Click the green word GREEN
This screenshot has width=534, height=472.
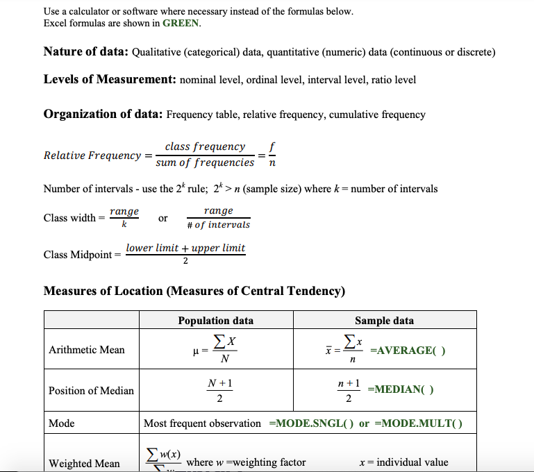tap(181, 23)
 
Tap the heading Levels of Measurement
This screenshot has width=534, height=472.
tap(110, 79)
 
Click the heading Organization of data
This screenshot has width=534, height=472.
tap(103, 114)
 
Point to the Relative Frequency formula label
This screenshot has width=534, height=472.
tap(92, 155)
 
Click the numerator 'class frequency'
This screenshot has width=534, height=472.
tap(205, 146)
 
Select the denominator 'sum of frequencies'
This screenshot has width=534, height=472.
tap(205, 162)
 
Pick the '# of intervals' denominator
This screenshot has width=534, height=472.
tap(219, 225)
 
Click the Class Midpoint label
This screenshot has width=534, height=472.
tap(81, 255)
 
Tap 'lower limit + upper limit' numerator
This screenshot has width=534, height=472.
tap(185, 248)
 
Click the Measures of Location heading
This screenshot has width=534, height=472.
tap(194, 290)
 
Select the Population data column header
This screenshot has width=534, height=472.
tap(215, 320)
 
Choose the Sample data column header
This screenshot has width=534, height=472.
tap(384, 320)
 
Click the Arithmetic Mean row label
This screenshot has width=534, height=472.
tap(87, 350)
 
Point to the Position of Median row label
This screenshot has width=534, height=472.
tap(91, 391)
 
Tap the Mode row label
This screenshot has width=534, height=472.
tap(62, 423)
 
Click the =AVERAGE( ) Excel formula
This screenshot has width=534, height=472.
tap(408, 351)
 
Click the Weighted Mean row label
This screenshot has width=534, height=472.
tap(84, 463)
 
